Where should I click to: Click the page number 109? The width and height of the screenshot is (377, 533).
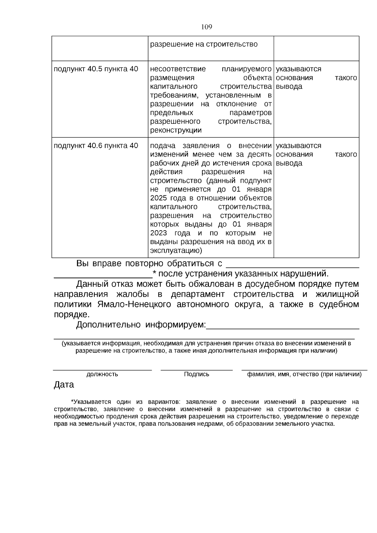click(206, 27)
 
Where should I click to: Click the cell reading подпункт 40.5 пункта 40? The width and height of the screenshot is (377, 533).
click(96, 69)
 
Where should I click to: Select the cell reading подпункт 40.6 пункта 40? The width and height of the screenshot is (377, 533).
click(96, 146)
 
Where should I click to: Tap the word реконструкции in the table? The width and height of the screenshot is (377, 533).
click(176, 130)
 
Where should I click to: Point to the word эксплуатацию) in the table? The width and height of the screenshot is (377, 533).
click(176, 251)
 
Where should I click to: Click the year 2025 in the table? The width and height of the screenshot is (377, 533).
click(159, 198)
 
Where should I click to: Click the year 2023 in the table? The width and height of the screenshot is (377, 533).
click(159, 233)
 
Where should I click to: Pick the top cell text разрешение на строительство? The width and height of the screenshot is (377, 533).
click(204, 44)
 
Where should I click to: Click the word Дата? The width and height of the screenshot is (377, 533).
click(64, 385)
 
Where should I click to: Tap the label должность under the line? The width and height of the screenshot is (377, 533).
click(102, 374)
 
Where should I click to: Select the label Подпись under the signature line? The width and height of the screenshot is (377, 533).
click(196, 374)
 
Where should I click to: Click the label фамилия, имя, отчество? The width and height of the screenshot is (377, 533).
click(304, 374)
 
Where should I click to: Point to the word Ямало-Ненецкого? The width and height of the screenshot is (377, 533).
click(134, 305)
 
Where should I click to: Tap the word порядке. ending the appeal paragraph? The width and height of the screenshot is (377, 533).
click(72, 315)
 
